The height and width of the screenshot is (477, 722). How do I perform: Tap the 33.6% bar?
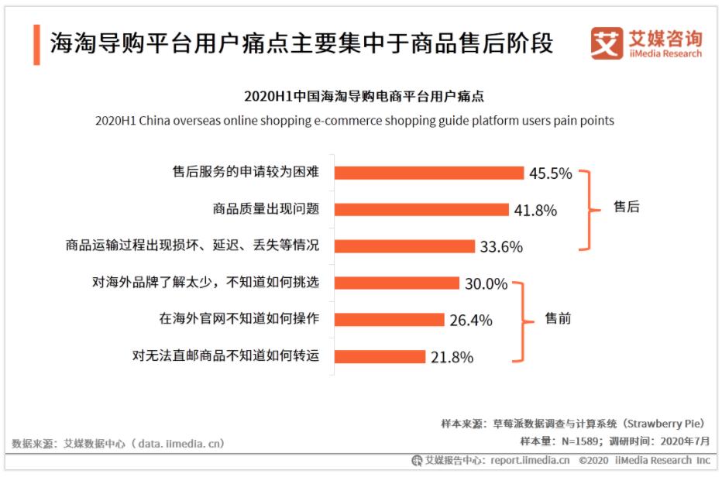[x=407, y=246]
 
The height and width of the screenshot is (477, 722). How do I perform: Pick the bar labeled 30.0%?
[x=401, y=283]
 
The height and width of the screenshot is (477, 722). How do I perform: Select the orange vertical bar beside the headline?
[x=36, y=43]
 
